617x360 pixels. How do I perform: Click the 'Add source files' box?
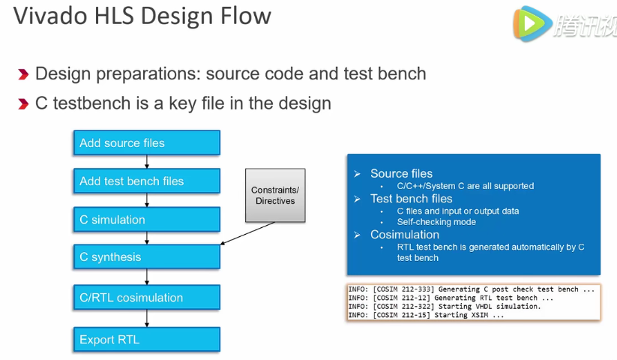pos(146,142)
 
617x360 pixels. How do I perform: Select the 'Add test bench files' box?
pos(146,181)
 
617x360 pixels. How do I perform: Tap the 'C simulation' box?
pos(146,220)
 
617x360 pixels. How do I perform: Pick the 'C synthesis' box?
pos(146,256)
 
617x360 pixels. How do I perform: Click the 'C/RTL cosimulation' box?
pos(146,298)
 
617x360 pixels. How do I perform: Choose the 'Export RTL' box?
pos(146,340)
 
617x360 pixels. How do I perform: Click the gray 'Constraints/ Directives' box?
pos(275,195)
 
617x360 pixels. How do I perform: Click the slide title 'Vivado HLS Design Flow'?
pos(142,17)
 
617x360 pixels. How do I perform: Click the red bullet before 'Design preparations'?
pos(23,74)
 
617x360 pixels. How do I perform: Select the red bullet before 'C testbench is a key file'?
pos(23,103)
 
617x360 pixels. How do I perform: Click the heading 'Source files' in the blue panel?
pos(401,173)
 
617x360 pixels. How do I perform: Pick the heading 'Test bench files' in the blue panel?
pos(411,199)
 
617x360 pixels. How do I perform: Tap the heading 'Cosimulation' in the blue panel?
pos(405,235)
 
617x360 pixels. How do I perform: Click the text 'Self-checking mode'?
pos(436,222)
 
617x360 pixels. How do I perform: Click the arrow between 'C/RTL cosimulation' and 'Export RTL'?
pos(147,319)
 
